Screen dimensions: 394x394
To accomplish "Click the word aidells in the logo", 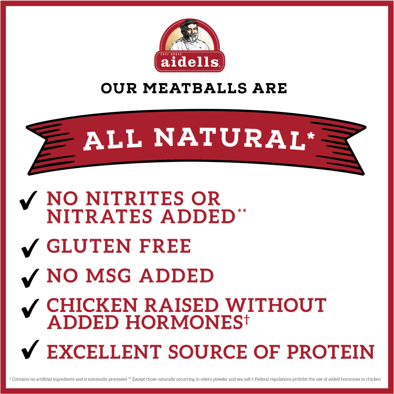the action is [190, 62].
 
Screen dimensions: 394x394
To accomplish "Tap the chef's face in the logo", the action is [191, 32].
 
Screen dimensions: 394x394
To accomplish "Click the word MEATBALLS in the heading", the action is [195, 88].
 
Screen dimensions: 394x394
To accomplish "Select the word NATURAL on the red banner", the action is [230, 138].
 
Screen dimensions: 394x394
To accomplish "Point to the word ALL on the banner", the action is [113, 140].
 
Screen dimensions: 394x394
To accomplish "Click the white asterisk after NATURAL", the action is [311, 135].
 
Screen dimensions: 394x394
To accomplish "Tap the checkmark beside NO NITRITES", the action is [28, 200].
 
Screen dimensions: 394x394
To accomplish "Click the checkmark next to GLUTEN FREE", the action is [30, 248].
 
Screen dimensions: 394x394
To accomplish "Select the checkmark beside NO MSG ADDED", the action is [30, 278].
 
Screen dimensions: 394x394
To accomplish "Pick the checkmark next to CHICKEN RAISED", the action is [30, 309].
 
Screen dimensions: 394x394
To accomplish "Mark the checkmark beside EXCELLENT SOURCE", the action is [30, 349].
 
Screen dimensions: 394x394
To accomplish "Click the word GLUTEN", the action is [89, 246].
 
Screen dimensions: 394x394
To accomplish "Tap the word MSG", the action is [108, 276].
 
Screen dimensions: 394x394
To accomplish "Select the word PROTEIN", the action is [331, 352].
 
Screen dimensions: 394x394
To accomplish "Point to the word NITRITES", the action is [135, 199].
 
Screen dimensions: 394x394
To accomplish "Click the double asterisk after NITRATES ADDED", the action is [242, 210].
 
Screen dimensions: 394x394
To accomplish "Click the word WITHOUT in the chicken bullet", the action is [276, 305].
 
